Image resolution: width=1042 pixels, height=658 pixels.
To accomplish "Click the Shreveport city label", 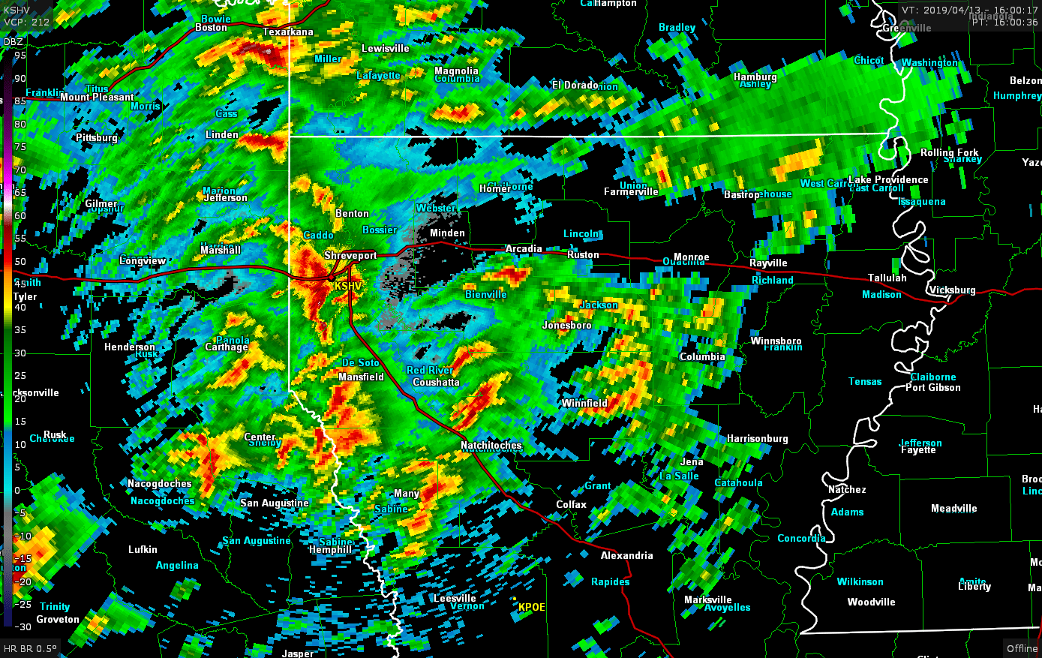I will pyautogui.click(x=350, y=256).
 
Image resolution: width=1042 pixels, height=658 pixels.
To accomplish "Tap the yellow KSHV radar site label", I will pyautogui.click(x=348, y=287).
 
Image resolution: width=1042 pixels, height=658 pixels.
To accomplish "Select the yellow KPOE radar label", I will pyautogui.click(x=531, y=607).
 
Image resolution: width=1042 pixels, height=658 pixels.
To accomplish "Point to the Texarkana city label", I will pyautogui.click(x=288, y=32).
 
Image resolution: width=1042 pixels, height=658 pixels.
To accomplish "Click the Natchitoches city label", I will pyautogui.click(x=491, y=445).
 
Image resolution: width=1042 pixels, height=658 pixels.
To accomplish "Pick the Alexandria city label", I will pyautogui.click(x=626, y=555).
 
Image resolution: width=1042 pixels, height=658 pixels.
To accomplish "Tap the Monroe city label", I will pyautogui.click(x=691, y=257).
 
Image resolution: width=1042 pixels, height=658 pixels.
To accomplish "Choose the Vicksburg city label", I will pyautogui.click(x=952, y=290).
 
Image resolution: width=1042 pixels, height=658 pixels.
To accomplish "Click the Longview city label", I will pyautogui.click(x=143, y=261).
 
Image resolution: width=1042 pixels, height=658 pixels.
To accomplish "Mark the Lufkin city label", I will pyautogui.click(x=143, y=549).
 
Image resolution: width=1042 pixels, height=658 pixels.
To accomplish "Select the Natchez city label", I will pyautogui.click(x=847, y=489).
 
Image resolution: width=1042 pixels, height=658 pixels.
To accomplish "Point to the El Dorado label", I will pyautogui.click(x=575, y=85).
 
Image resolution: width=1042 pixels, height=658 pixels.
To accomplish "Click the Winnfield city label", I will pyautogui.click(x=584, y=403).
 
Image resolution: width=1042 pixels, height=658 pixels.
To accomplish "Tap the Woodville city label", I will pyautogui.click(x=871, y=602).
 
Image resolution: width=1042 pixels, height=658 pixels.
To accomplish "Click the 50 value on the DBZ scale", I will pyautogui.click(x=20, y=262).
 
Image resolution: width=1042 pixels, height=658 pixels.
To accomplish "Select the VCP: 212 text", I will pyautogui.click(x=26, y=22).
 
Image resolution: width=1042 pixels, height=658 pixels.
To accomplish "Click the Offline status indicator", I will pyautogui.click(x=1022, y=648).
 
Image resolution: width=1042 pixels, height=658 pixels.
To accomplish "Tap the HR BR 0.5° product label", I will pyautogui.click(x=30, y=648).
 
